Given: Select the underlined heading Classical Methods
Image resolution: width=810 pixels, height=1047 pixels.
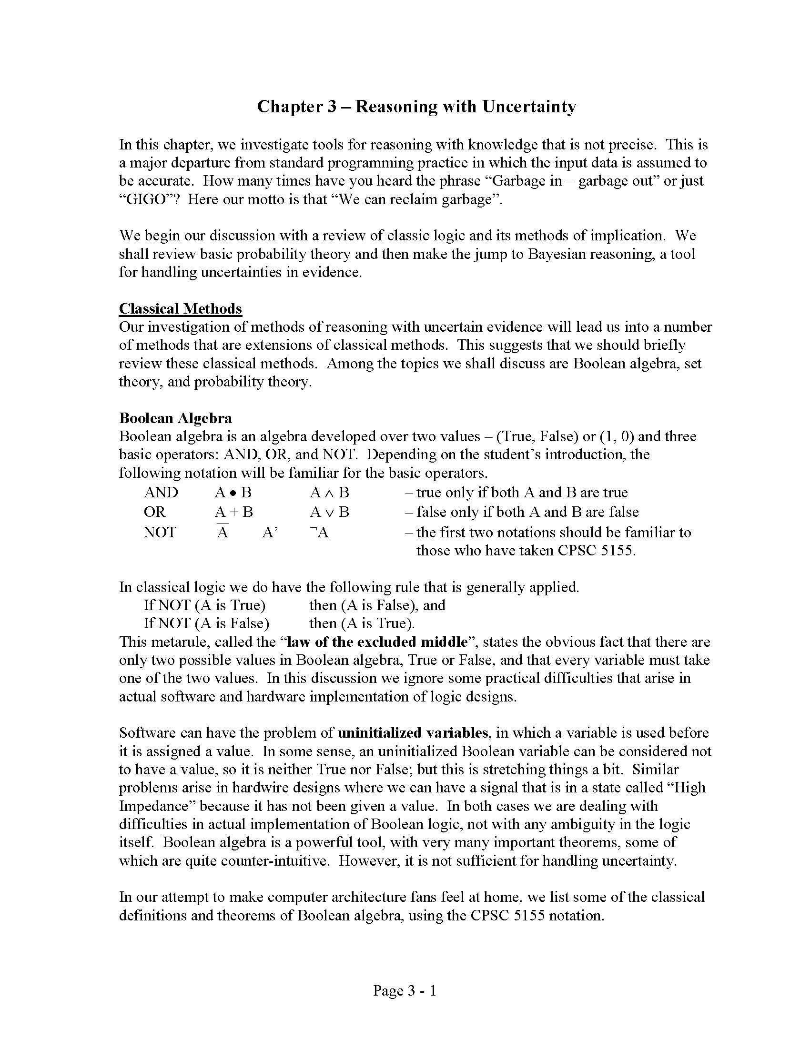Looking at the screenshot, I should pyautogui.click(x=181, y=309).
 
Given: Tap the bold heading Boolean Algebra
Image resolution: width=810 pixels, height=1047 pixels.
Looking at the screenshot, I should pyautogui.click(x=176, y=418).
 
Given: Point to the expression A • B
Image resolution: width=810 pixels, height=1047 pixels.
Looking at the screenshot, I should pyautogui.click(x=233, y=493).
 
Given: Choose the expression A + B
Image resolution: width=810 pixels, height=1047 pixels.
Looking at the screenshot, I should pyautogui.click(x=233, y=512).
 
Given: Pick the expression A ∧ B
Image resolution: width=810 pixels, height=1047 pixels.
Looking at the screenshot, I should pyautogui.click(x=330, y=493).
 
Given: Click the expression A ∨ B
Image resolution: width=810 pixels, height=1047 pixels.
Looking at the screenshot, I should pyautogui.click(x=330, y=512).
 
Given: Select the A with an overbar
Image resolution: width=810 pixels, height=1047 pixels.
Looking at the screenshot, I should pyautogui.click(x=222, y=532).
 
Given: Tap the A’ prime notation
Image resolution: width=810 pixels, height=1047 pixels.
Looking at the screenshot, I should pyautogui.click(x=270, y=532).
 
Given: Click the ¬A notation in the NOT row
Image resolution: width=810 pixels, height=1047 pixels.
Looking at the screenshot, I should pyautogui.click(x=320, y=532).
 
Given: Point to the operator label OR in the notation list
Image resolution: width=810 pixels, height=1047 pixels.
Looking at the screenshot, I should pyautogui.click(x=154, y=512).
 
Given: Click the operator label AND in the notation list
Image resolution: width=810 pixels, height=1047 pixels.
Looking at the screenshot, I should pyautogui.click(x=161, y=493).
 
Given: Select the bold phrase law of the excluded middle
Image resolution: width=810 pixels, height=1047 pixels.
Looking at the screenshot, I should pyautogui.click(x=377, y=642).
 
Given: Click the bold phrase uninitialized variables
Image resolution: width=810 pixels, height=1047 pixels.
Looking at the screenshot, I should pyautogui.click(x=413, y=733).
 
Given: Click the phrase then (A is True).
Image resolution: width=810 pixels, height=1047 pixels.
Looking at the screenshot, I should pyautogui.click(x=362, y=623).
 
